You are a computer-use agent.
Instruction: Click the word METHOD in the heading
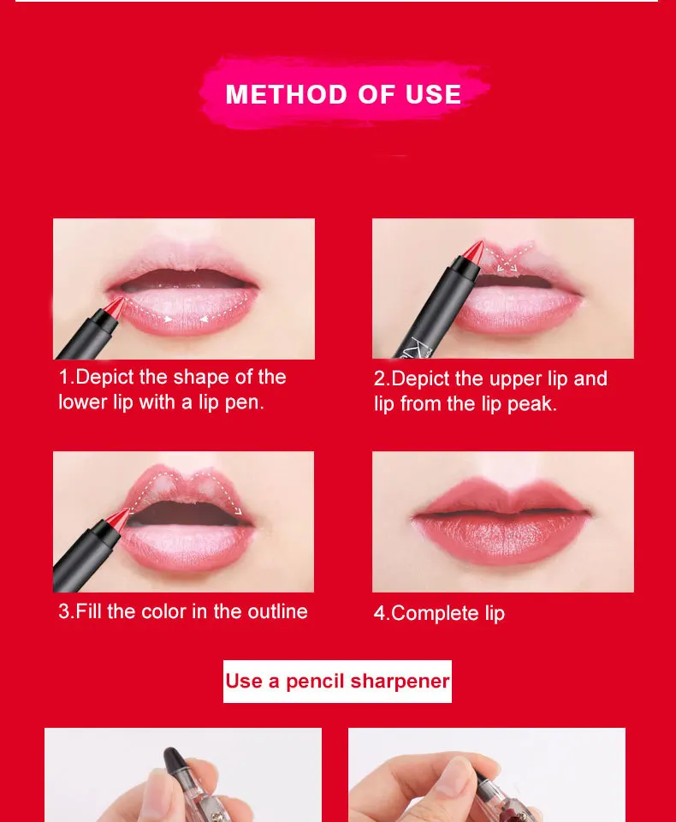(287, 94)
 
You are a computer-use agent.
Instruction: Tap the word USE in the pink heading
(433, 94)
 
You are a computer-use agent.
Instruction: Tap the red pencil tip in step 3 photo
(118, 518)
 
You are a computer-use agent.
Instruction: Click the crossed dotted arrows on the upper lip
(507, 256)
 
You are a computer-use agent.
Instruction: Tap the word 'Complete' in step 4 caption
(435, 613)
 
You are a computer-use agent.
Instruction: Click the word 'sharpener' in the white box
(400, 681)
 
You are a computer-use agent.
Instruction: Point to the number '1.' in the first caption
(67, 377)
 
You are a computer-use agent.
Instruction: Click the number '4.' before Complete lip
(382, 613)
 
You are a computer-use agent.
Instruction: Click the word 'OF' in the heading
(377, 94)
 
